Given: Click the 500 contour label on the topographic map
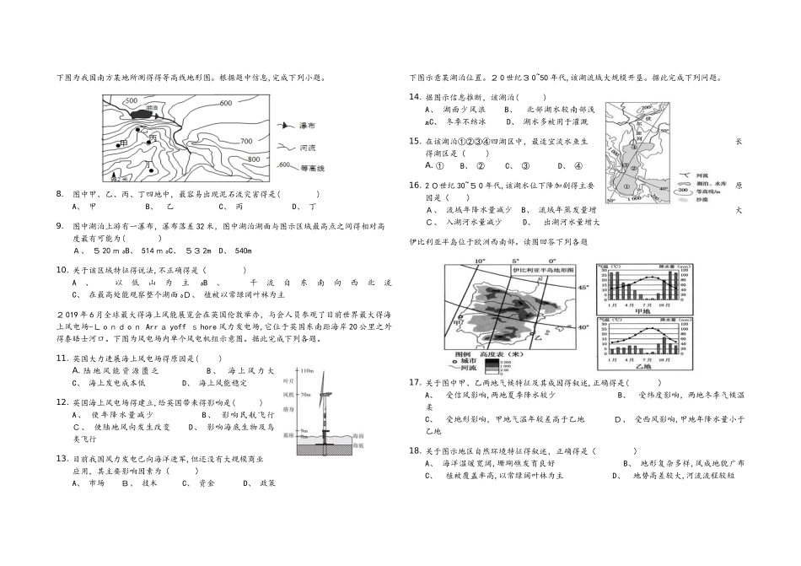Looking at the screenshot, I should coord(131,100).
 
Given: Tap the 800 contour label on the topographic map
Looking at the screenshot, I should coord(253,159).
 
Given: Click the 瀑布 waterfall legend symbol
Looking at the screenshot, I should coord(285,125).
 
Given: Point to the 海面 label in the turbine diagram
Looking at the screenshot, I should coord(357,435).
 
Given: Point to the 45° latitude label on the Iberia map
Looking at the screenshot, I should coord(581,288).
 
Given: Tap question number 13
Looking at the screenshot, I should coord(61,458).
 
